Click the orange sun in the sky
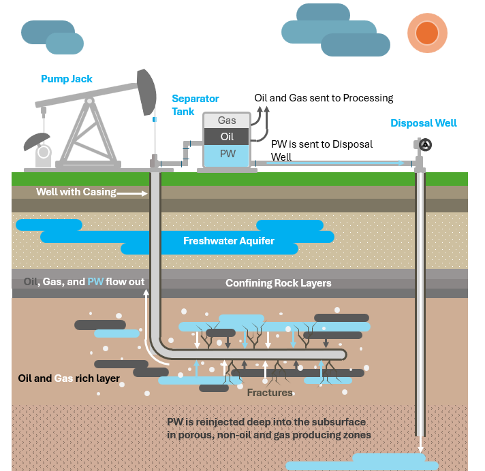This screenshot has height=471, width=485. tap(427, 32)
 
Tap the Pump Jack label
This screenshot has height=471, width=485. tap(67, 79)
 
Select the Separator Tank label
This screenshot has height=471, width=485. tap(186, 105)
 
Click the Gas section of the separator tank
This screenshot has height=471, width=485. tap(227, 120)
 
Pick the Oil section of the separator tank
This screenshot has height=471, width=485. tap(227, 137)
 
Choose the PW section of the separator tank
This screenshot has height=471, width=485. tap(227, 155)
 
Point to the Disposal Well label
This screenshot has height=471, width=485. tap(423, 123)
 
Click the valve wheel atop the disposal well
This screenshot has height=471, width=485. tap(426, 144)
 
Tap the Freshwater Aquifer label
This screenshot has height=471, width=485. tap(228, 241)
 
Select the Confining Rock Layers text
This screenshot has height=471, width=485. tap(278, 283)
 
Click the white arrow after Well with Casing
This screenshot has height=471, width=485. tap(133, 193)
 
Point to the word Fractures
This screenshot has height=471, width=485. tap(270, 393)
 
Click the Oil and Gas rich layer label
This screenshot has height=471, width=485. tap(69, 378)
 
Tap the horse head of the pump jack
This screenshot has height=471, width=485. tap(146, 92)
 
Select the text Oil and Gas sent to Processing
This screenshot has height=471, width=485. tap(324, 98)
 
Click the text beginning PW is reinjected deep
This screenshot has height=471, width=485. tap(268, 428)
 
